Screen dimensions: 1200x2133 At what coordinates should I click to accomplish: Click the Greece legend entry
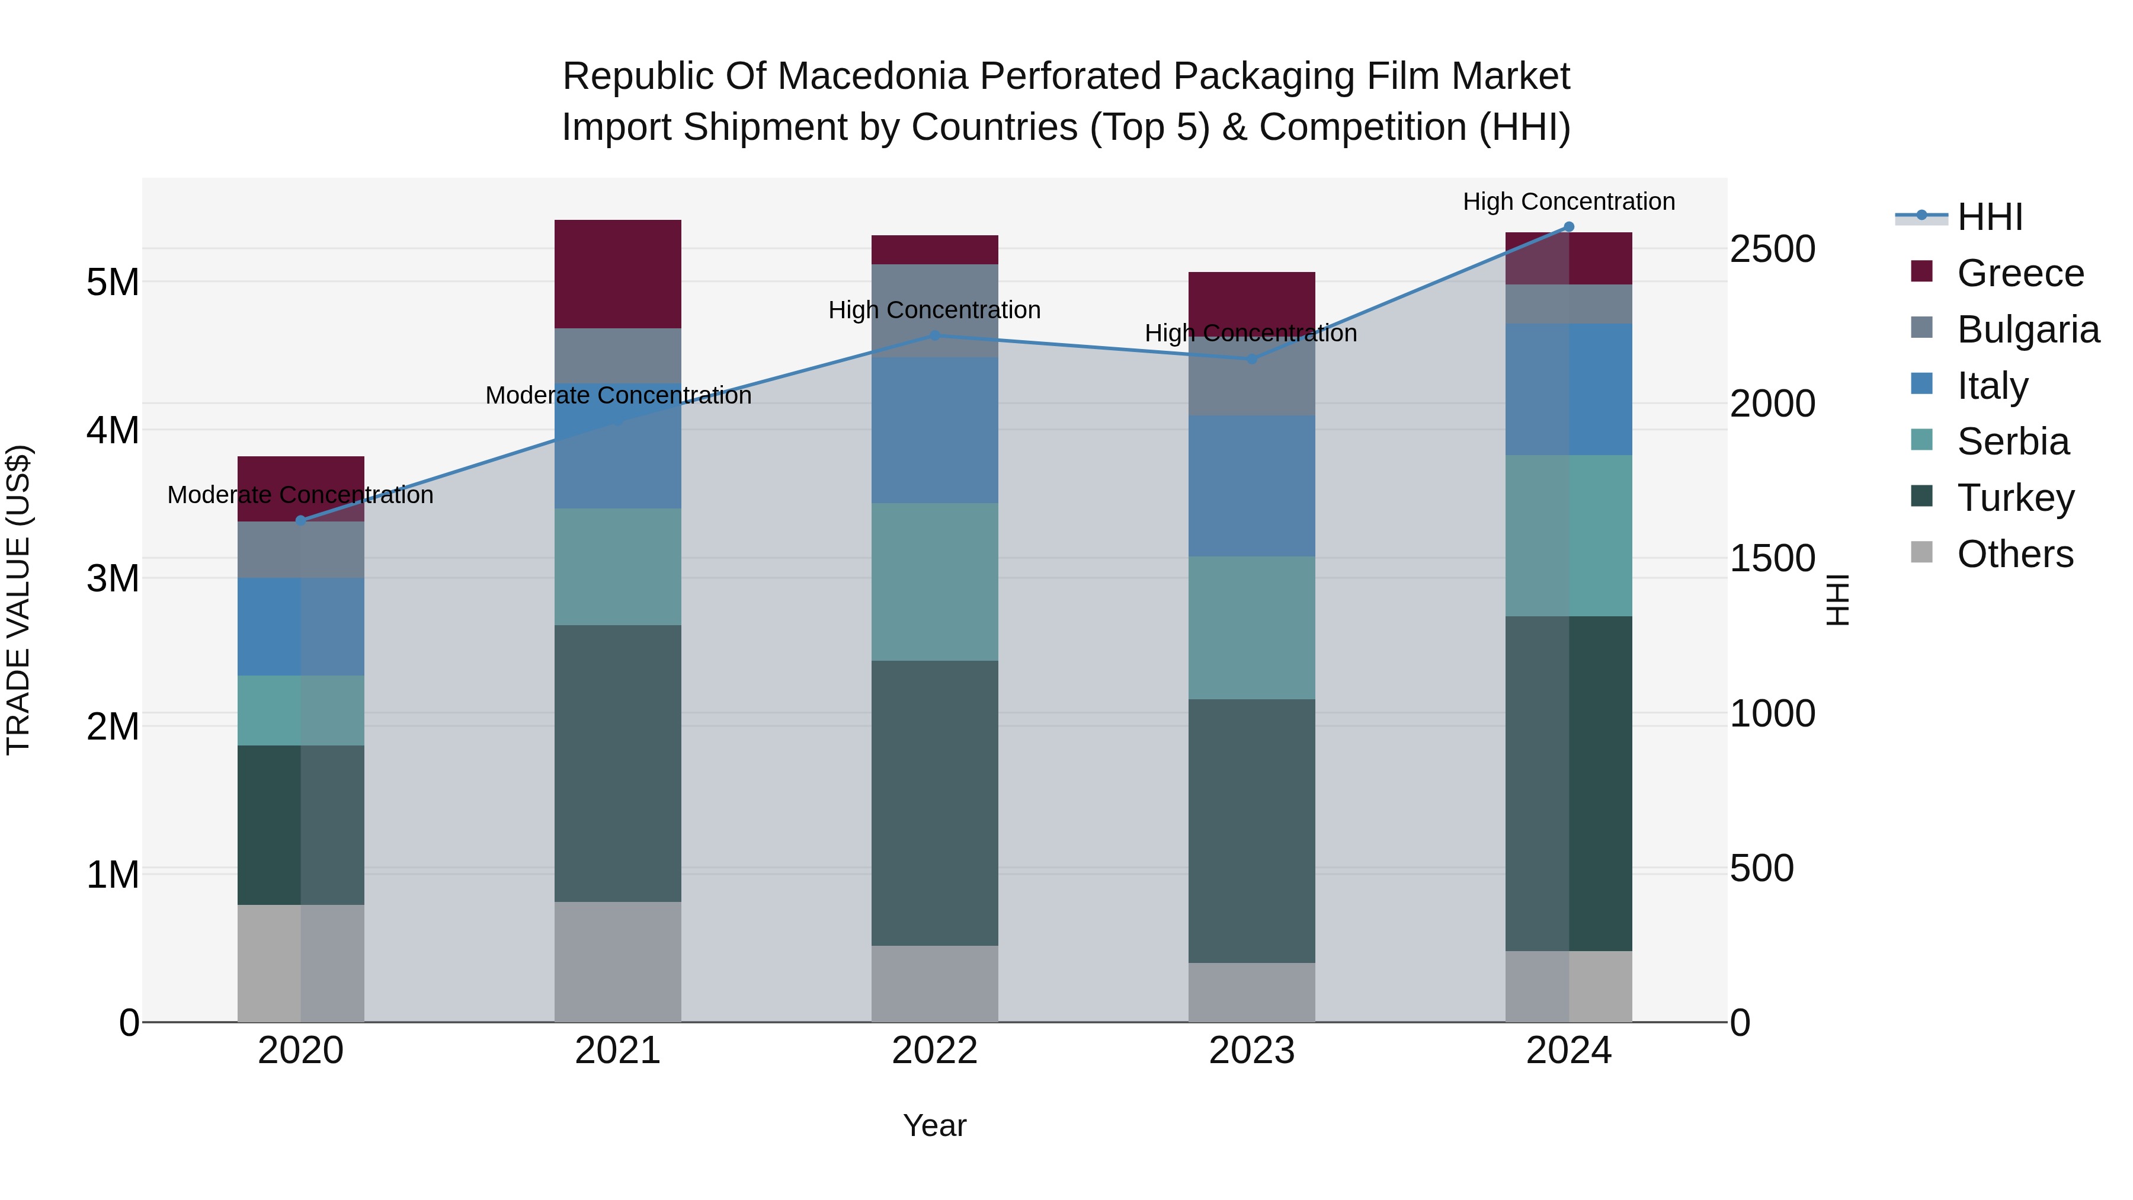pos(2020,273)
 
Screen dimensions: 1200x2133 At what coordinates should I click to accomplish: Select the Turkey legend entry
pos(2016,498)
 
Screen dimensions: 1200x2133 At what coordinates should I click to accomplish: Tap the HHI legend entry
pos(1990,217)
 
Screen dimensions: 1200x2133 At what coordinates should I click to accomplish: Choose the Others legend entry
pos(2014,554)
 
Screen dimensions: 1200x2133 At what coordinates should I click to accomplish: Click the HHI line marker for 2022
pos(935,335)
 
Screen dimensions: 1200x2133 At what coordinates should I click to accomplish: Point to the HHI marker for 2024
pos(1568,227)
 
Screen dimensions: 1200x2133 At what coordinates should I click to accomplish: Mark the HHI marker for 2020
pos(300,520)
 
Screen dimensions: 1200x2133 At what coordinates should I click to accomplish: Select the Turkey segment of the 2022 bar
pos(935,804)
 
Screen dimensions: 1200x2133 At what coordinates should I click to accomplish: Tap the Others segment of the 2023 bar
pos(1252,992)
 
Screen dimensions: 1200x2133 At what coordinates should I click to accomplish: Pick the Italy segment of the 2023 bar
pos(1252,486)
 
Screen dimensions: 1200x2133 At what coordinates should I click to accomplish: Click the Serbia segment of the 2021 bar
pos(618,567)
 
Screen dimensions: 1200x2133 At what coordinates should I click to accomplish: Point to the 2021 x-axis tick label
pos(618,1051)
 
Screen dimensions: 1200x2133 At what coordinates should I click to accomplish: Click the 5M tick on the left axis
pos(113,283)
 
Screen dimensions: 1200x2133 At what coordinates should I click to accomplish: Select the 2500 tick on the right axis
pos(1772,249)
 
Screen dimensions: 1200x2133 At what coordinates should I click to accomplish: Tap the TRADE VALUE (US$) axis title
pos(18,600)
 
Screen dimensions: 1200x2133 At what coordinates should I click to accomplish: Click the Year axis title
pos(935,1125)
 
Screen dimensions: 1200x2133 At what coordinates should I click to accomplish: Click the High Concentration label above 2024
pos(1568,201)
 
